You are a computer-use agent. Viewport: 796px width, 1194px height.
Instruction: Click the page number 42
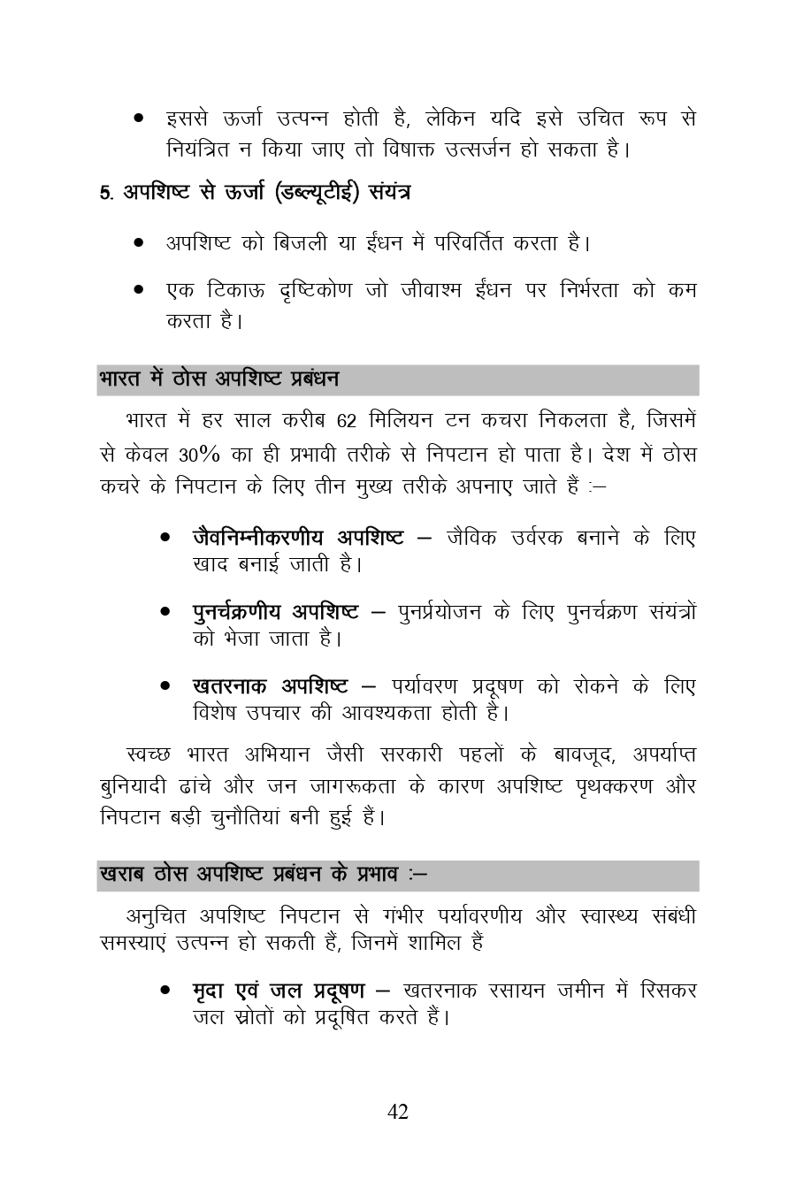[398, 1112]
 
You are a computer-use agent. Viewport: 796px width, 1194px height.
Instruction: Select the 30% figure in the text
[198, 455]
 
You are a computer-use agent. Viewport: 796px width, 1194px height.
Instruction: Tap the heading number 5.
[104, 194]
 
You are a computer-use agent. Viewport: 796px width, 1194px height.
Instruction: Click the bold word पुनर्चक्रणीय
[238, 611]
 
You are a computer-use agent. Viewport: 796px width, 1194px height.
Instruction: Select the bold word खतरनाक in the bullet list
[231, 685]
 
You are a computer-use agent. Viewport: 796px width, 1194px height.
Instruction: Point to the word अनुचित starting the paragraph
[157, 915]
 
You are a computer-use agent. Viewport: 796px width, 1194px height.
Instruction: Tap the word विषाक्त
[418, 149]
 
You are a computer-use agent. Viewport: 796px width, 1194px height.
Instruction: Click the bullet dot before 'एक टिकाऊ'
[139, 290]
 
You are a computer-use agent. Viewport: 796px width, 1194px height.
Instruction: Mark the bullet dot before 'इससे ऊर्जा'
[139, 118]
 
